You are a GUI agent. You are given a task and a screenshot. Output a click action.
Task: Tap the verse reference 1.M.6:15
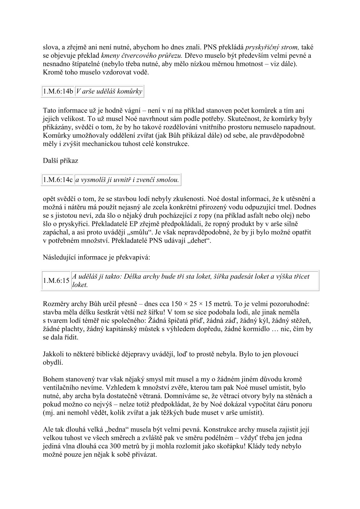point(56,280)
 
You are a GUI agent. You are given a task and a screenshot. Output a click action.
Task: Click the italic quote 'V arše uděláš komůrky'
point(109,91)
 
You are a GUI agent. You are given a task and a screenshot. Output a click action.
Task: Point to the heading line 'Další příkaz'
point(61,161)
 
